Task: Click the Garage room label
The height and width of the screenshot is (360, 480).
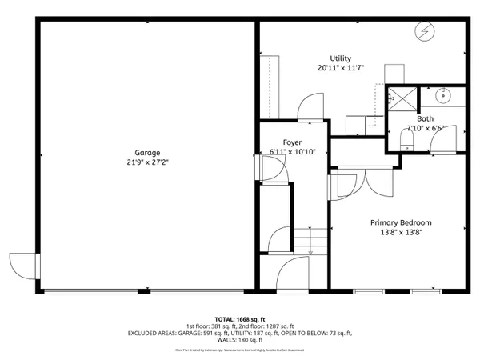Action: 147,152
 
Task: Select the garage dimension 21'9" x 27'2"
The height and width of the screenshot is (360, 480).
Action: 147,162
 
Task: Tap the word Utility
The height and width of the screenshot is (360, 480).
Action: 341,58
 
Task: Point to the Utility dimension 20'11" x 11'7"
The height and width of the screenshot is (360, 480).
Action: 341,69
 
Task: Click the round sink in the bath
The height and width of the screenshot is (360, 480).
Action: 444,98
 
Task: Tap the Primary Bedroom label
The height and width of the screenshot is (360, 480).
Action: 400,222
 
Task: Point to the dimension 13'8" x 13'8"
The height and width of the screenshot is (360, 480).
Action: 400,233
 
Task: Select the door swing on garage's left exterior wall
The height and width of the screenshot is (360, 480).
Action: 22,265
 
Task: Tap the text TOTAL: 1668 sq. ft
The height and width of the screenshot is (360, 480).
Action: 240,318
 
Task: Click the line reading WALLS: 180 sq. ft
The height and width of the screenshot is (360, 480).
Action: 240,341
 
